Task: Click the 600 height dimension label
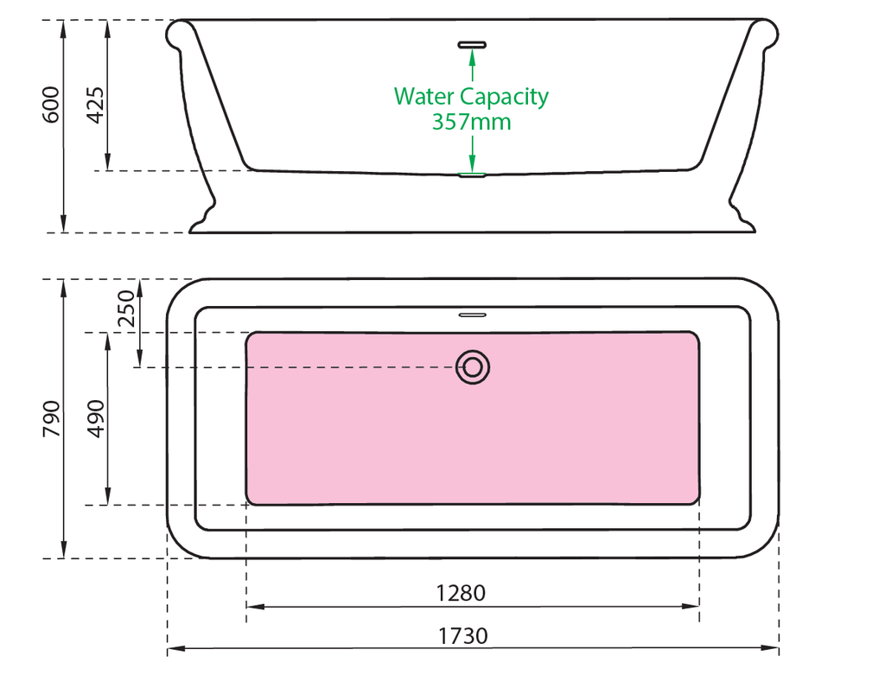click(52, 105)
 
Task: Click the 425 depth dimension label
click(96, 105)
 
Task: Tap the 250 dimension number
click(126, 308)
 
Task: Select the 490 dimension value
click(96, 418)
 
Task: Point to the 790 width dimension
click(52, 418)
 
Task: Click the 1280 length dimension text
click(461, 593)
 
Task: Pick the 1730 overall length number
click(462, 637)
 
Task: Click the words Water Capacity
click(471, 96)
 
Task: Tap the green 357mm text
click(471, 122)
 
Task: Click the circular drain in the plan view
click(473, 367)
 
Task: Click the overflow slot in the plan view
click(473, 315)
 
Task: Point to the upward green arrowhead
click(473, 58)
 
